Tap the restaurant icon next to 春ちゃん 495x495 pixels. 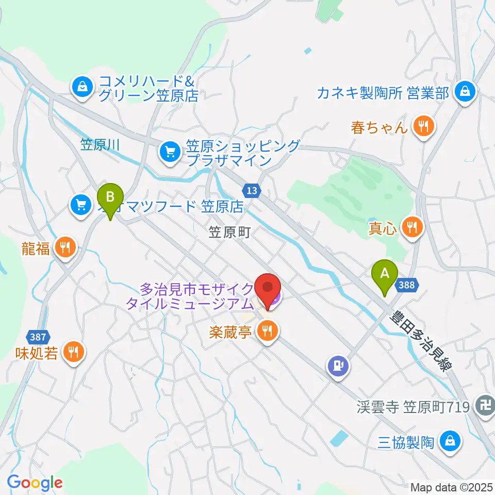pos(424,126)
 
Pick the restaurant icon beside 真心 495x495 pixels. pos(412,226)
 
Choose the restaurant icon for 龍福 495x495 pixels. pos(65,248)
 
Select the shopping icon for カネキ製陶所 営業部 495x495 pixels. pos(466,92)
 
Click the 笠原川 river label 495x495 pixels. pos(100,145)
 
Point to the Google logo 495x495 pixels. pos(35,483)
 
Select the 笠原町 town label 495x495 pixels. pos(230,232)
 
